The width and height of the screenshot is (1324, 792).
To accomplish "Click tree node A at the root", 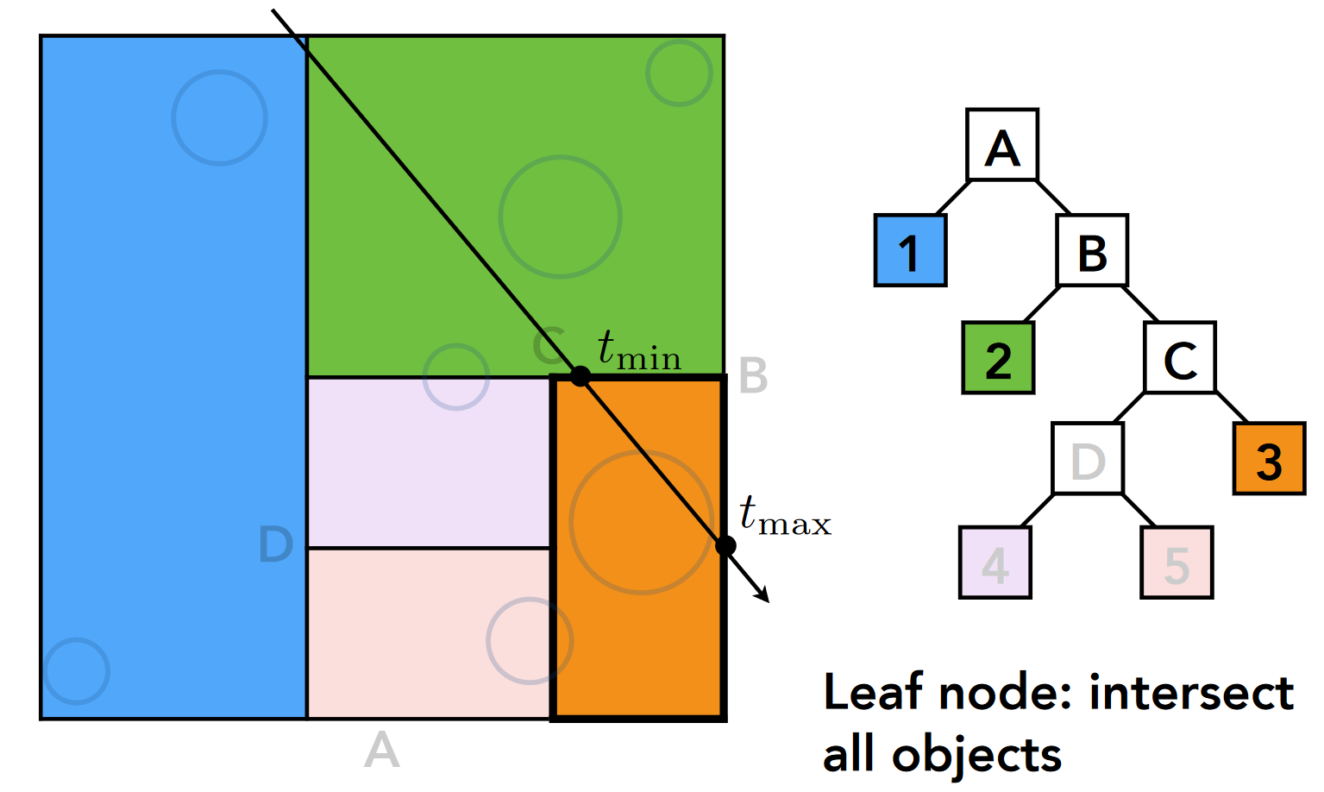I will [x=1001, y=145].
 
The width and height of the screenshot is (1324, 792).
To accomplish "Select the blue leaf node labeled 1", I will [x=910, y=250].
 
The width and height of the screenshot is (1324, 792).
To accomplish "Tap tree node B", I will [x=1092, y=250].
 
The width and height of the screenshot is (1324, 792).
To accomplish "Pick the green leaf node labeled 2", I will [x=998, y=358].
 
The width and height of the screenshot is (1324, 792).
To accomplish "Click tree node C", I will [x=1180, y=357].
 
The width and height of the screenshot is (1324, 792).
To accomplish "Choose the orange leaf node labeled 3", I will [x=1269, y=458].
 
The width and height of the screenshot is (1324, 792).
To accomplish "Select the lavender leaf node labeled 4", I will [x=995, y=563].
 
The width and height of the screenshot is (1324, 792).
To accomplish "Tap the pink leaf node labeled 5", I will [x=1177, y=563].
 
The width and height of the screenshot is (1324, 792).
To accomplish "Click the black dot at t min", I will [x=580, y=376].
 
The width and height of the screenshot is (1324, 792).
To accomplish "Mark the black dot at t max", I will [x=725, y=545].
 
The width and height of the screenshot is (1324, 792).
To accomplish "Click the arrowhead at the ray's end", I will [x=762, y=594].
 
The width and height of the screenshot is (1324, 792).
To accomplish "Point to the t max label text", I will [x=785, y=517].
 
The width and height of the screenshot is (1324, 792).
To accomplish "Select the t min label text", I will [x=638, y=350].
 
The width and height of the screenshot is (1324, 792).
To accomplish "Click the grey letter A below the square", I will [x=381, y=750].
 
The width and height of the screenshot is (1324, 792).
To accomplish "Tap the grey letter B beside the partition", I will [x=753, y=376].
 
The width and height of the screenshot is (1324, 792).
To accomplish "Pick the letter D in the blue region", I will [x=276, y=545].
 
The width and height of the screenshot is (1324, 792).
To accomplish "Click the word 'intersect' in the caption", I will [x=1191, y=693].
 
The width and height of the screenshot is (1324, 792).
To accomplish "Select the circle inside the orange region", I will [x=641, y=522].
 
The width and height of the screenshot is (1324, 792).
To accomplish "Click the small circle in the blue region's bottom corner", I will [x=77, y=670].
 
